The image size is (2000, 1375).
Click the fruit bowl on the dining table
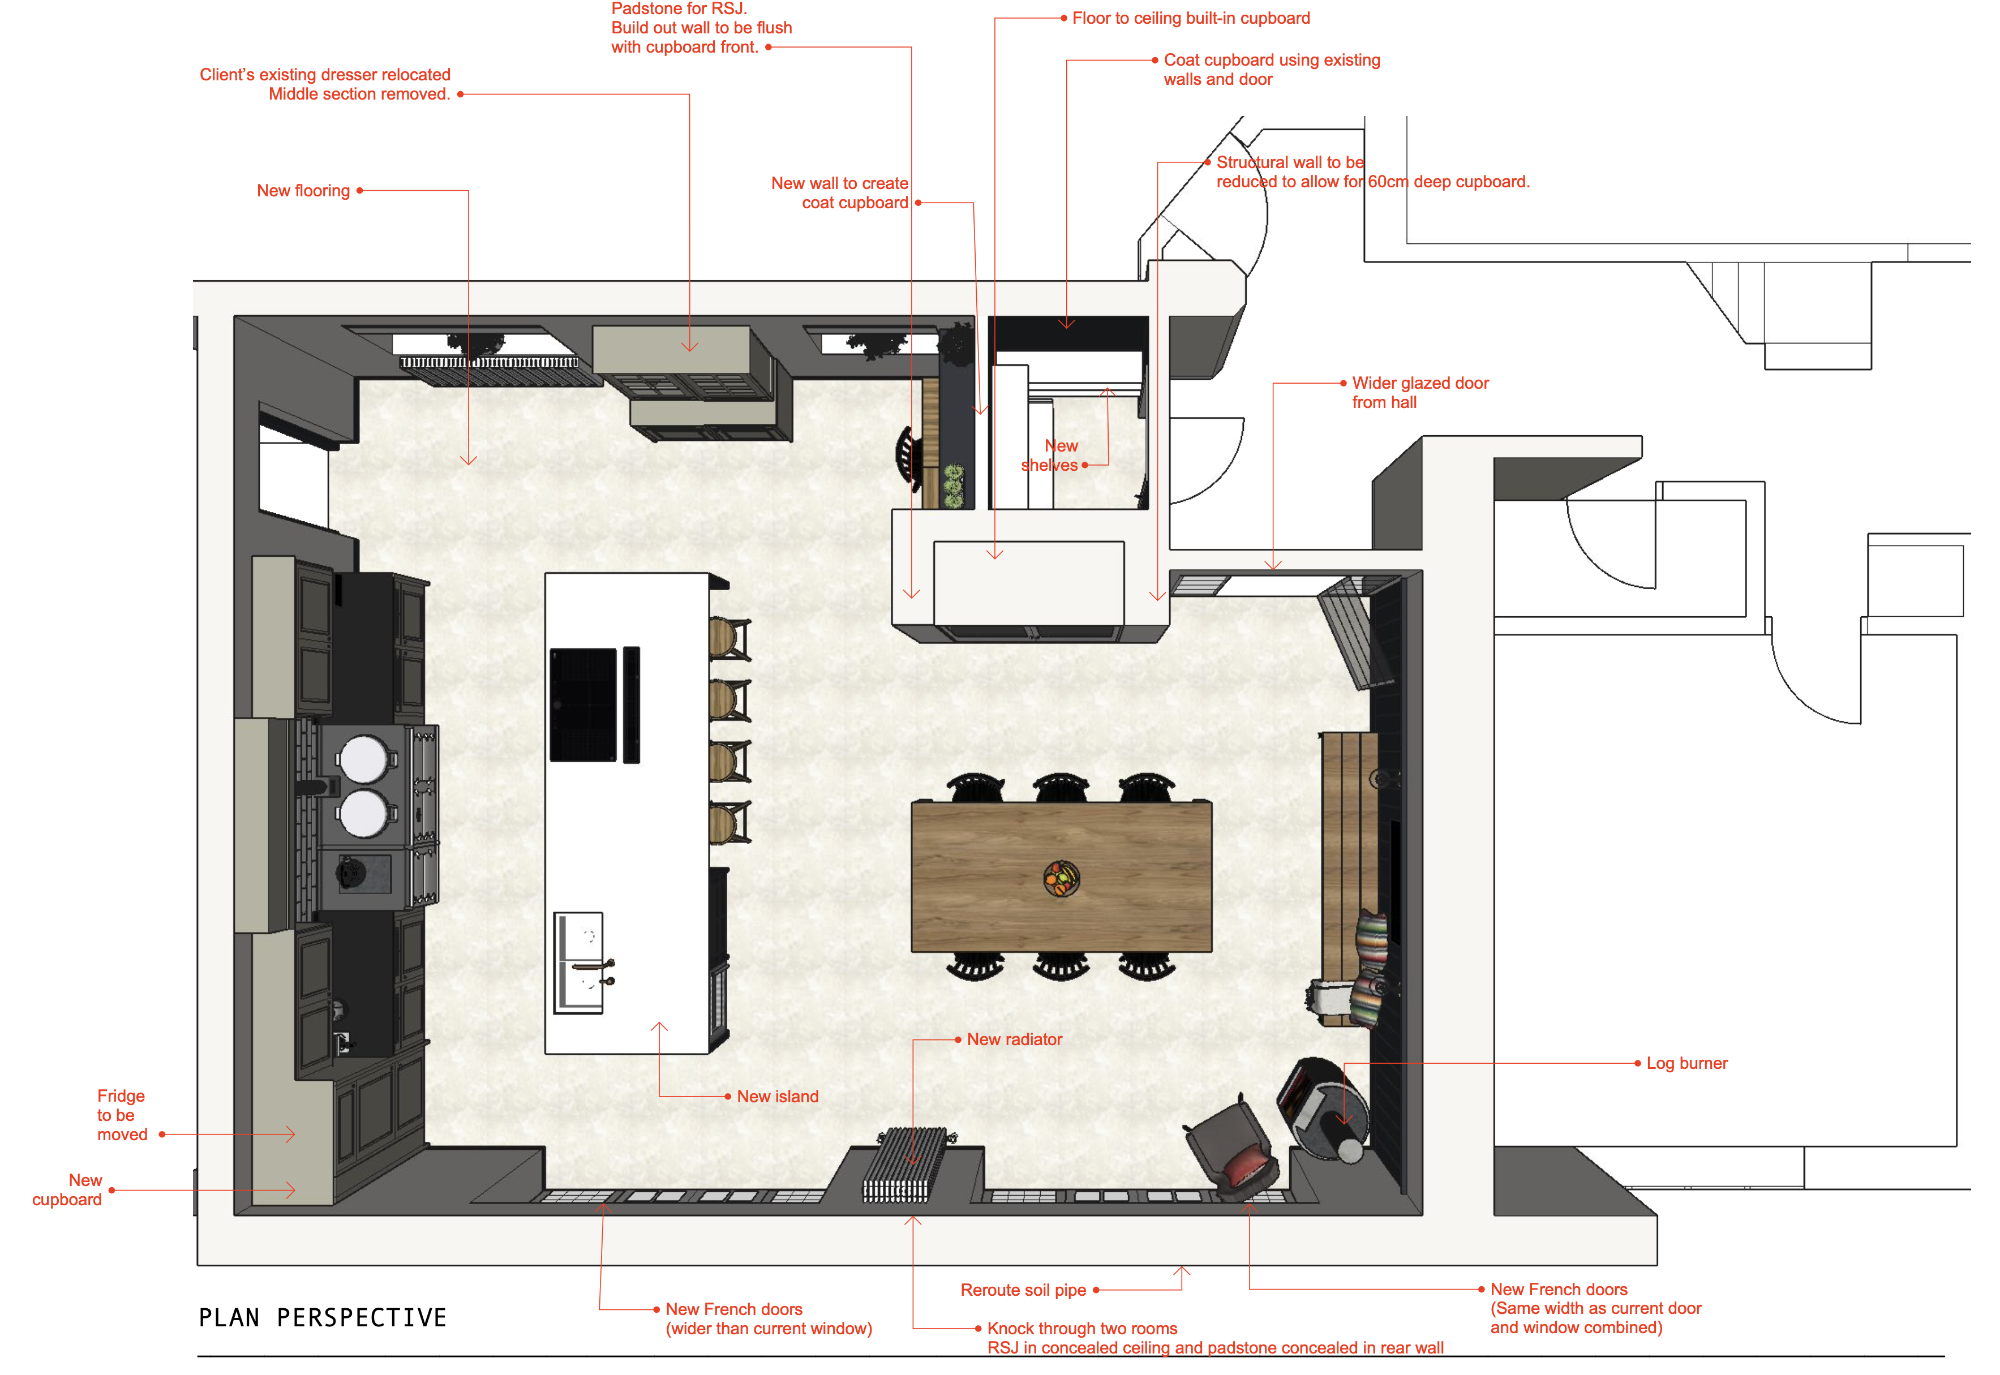(x=1062, y=879)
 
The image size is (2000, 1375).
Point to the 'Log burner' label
(x=1687, y=1063)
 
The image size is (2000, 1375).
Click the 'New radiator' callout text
(x=1014, y=1040)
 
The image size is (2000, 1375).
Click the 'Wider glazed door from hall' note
(x=1420, y=392)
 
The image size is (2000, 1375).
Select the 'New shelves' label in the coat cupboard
(x=1050, y=456)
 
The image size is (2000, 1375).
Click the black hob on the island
(x=583, y=704)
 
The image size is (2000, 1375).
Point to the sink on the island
(x=578, y=962)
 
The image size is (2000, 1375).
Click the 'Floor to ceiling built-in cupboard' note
(x=1191, y=18)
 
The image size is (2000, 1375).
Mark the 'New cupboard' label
(x=67, y=1190)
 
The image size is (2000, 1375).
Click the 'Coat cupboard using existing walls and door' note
(x=1272, y=70)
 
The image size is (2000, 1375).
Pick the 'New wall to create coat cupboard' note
(x=840, y=193)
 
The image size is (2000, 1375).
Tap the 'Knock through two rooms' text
(x=1082, y=1329)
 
